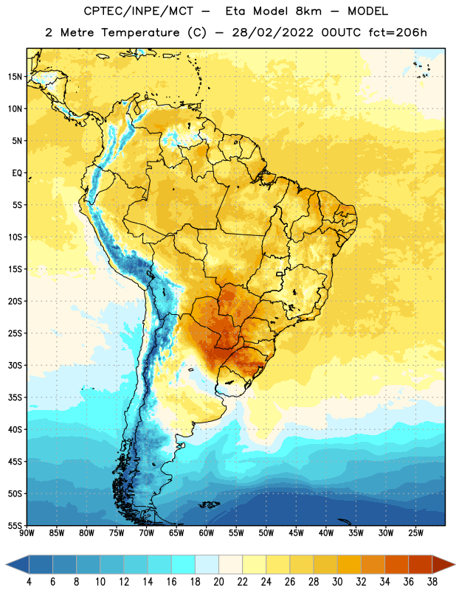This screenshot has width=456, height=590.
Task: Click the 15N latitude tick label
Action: point(15,77)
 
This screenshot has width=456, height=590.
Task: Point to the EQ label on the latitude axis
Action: point(17,173)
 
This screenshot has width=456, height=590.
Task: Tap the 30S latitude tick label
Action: point(15,365)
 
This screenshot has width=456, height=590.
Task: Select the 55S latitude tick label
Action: point(15,526)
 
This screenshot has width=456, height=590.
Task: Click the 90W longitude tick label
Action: point(27,533)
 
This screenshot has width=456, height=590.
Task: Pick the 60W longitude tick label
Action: point(207,533)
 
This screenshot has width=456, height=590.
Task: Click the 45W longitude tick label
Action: point(296,533)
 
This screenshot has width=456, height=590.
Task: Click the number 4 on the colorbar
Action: point(29,582)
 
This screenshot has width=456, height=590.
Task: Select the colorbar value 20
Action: point(218,582)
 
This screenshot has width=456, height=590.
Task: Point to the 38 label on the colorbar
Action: point(432,582)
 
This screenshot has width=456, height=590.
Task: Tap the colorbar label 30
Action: point(337,582)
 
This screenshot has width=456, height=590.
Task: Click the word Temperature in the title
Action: point(140,32)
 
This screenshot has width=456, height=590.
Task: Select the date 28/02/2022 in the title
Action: point(272,32)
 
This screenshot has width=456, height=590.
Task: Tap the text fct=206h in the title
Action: point(398,32)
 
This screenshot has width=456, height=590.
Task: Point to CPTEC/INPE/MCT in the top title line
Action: point(138,11)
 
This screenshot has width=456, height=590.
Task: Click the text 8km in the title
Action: point(308,11)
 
